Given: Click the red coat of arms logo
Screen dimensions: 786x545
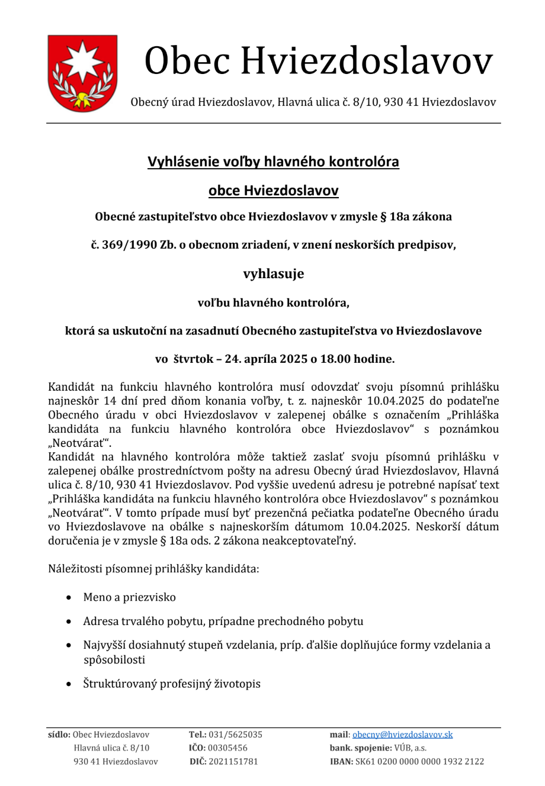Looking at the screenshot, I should coord(82,73).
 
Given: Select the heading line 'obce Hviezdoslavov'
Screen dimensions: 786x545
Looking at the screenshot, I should coord(273,191).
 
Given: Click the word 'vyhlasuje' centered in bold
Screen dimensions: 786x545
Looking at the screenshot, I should coord(273,273).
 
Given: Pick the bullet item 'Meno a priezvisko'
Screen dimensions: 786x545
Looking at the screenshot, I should coord(129,597).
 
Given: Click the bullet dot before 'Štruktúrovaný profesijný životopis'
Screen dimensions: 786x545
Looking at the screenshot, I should coord(70,684).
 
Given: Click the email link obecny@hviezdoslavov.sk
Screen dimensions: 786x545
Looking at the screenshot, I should coord(402,735).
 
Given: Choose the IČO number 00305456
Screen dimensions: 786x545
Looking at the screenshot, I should coord(227,748).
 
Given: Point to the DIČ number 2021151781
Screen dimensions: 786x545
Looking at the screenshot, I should coord(233,761).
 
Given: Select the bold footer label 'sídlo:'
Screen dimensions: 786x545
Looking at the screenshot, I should coord(59,735).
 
